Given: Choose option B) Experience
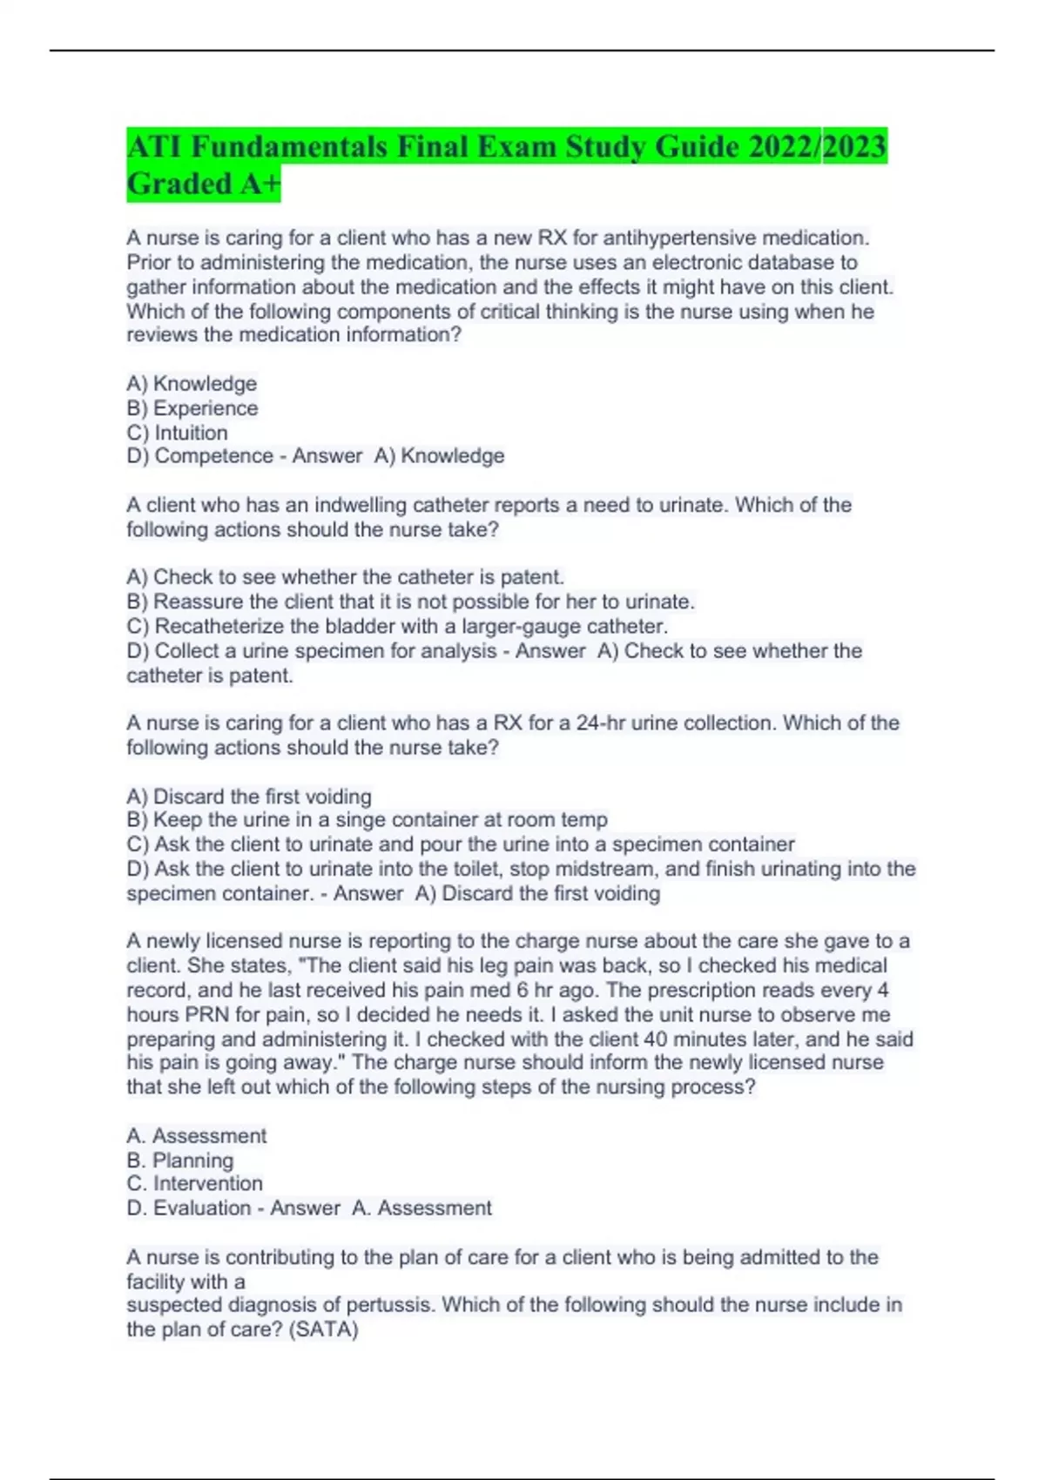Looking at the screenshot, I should [192, 408].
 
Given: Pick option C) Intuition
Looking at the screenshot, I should [178, 433].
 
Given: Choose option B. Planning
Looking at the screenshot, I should [180, 1160].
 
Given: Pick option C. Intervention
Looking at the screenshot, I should [194, 1184].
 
